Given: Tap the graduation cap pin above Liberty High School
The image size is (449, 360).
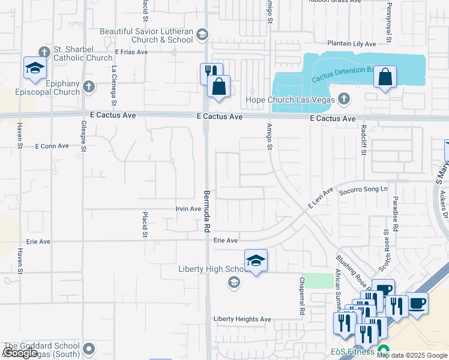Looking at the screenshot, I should [256, 261].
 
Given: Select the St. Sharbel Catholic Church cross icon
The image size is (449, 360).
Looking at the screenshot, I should [44, 52].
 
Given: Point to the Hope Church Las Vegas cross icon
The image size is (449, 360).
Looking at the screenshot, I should [344, 98].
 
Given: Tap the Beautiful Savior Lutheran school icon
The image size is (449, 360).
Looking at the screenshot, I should [201, 34].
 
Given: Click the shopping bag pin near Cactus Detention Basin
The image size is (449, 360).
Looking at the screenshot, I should [385, 77].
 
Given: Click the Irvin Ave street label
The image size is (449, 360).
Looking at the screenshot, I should [188, 209].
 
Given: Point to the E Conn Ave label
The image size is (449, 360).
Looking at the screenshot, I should [52, 146].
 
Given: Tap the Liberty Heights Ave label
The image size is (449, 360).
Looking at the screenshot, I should [243, 319].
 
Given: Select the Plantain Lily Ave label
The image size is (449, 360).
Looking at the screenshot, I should [352, 44].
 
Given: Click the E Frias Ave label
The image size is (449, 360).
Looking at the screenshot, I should [131, 52].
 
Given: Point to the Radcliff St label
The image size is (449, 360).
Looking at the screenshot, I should [364, 140].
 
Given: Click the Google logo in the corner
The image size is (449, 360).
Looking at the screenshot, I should [20, 353].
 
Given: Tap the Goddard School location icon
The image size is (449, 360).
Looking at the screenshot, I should [89, 348].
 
